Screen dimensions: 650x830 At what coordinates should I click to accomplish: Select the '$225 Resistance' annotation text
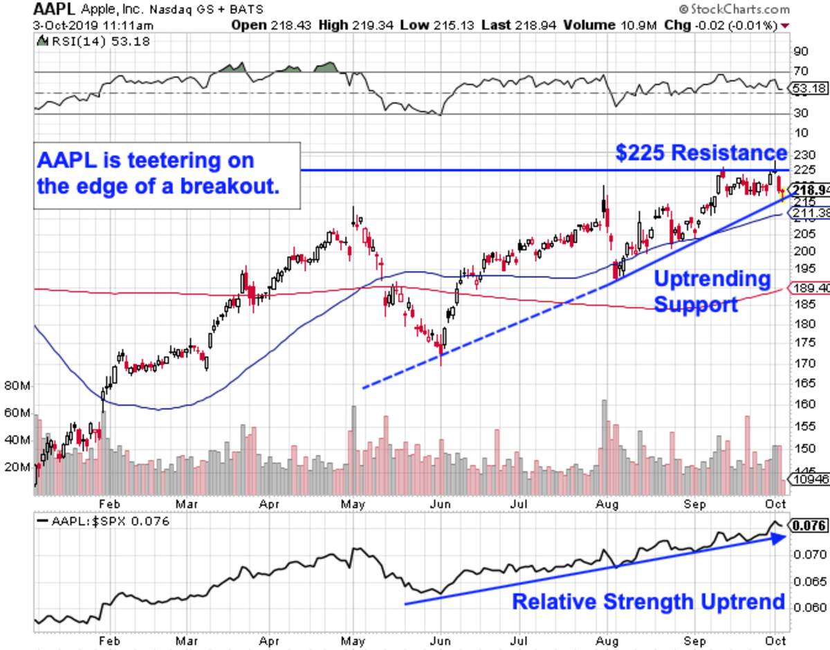click(x=701, y=153)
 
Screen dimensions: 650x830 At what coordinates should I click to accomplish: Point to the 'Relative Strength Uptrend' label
click(x=648, y=602)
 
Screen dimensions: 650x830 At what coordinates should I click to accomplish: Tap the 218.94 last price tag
click(x=811, y=189)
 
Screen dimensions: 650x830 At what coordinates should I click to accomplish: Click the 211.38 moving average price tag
click(x=811, y=214)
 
